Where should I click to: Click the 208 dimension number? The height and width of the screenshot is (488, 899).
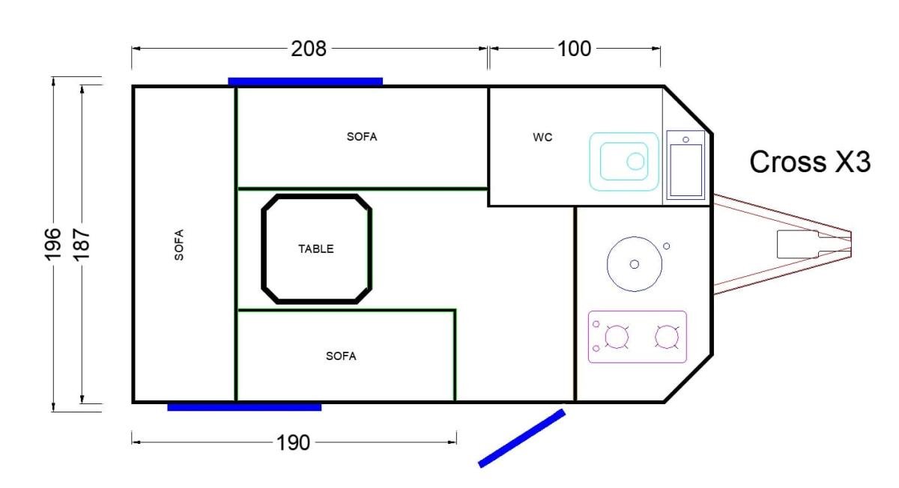(x=308, y=49)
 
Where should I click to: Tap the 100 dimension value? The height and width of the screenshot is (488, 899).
(x=575, y=49)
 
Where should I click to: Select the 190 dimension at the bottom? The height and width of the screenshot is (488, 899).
(x=293, y=443)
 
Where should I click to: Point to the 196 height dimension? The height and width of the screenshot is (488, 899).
(x=53, y=244)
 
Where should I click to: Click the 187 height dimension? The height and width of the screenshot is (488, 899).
(x=82, y=245)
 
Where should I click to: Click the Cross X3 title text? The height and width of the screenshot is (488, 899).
(x=810, y=162)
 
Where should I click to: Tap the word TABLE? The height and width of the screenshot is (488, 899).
(x=316, y=249)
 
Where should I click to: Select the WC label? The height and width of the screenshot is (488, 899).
(x=542, y=138)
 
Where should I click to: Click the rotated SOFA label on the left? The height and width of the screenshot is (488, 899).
(x=179, y=245)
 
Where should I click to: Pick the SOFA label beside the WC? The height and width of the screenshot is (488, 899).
(x=362, y=137)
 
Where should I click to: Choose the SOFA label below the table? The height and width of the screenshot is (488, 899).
(x=341, y=356)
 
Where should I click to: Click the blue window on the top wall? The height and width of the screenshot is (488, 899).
(x=305, y=82)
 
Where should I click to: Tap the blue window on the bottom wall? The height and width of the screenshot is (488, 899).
(x=244, y=407)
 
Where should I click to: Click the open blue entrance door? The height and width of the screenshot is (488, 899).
(x=521, y=439)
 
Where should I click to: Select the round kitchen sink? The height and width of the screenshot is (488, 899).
(x=634, y=264)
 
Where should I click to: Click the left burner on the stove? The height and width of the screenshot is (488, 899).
(x=617, y=336)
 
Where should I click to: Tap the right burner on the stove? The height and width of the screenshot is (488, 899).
(x=667, y=336)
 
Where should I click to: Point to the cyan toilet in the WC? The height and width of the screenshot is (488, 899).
(x=623, y=162)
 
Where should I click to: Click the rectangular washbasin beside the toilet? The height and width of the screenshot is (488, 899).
(x=685, y=165)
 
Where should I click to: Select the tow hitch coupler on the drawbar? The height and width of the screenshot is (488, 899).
(x=799, y=244)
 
